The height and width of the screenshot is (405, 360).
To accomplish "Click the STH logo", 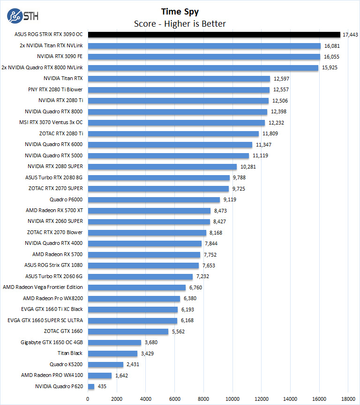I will (22, 15).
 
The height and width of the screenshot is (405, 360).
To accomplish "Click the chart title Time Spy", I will (180, 11).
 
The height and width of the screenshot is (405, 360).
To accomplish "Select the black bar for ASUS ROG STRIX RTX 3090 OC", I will (214, 35).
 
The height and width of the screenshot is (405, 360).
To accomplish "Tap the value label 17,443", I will (351, 35).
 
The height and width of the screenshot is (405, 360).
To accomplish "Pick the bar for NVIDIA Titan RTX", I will (179, 79).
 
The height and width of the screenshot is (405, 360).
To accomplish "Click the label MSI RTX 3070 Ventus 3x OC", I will (54, 123).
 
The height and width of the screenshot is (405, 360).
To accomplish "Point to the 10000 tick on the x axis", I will (232, 398).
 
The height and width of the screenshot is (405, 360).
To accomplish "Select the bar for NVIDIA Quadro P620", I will (91, 386).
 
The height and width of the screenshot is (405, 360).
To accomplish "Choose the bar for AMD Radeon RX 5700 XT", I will (149, 211).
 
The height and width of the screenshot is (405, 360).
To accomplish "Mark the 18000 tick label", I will (348, 398).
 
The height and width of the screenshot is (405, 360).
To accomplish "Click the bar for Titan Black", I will (112, 353).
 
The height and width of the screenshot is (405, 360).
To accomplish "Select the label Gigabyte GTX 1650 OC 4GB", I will (52, 342).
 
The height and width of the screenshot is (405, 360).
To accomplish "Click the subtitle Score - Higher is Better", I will (180, 23).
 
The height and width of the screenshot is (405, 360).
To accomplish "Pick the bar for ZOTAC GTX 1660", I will (128, 331).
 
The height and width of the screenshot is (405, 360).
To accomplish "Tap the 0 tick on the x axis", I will (88, 398).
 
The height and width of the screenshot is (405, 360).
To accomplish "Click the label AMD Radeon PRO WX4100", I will (52, 375).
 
